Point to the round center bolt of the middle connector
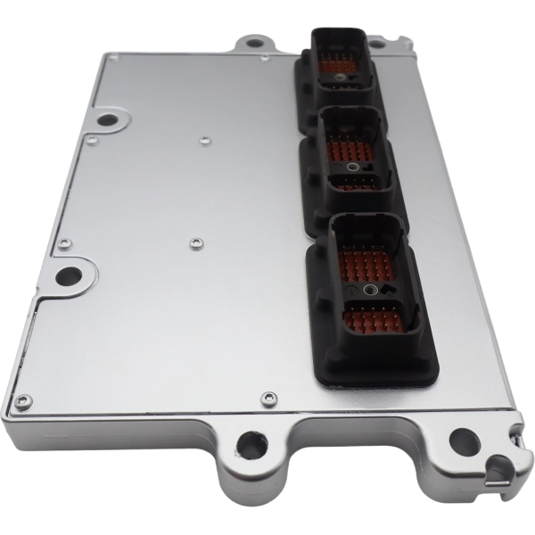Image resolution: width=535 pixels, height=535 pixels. click(x=353, y=167)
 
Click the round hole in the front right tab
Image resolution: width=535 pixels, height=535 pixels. click(x=463, y=439)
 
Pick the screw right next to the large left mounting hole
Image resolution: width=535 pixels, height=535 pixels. click(x=63, y=243)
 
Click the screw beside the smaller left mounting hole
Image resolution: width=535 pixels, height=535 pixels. click(x=88, y=140)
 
